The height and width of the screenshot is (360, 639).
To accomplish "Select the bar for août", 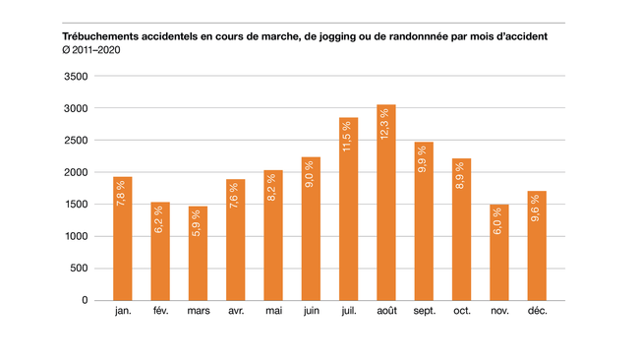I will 386,203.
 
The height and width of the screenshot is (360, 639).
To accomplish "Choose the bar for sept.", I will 424,221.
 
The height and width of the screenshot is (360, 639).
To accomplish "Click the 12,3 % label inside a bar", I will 386,125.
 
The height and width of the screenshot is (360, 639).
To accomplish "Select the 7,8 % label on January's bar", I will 123,195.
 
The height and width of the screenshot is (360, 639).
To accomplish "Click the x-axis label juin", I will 312,313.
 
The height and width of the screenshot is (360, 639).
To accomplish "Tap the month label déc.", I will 536,313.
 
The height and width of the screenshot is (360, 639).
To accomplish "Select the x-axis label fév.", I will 160,313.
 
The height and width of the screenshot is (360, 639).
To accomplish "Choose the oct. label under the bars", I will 461,313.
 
